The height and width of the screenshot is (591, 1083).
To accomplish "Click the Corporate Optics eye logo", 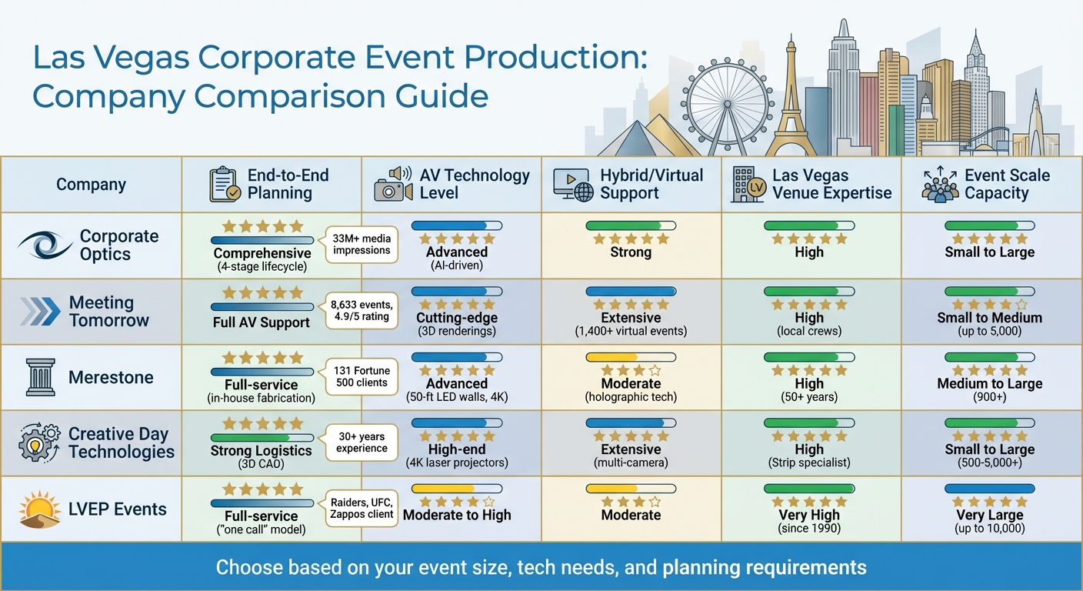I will click(45, 245).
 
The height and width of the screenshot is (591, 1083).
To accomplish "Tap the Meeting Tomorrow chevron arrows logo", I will click(40, 312).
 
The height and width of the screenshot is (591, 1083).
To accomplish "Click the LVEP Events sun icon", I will click(38, 509).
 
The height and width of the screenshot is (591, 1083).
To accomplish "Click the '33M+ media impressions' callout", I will click(362, 245).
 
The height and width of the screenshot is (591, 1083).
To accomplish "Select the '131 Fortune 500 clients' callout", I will click(362, 377).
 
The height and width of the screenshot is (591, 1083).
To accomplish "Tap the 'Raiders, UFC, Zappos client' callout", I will click(362, 509).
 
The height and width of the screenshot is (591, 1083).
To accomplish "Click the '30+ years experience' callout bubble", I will click(362, 442).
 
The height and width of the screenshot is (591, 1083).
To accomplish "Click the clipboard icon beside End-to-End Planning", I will click(225, 185).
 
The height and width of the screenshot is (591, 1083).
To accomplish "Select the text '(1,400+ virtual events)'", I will click(631, 332).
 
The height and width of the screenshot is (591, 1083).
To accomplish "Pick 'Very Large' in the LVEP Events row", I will click(989, 515).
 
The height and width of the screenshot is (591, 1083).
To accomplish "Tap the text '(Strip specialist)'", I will click(809, 463).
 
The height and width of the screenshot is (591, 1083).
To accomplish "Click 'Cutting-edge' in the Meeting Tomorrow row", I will click(457, 318).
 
